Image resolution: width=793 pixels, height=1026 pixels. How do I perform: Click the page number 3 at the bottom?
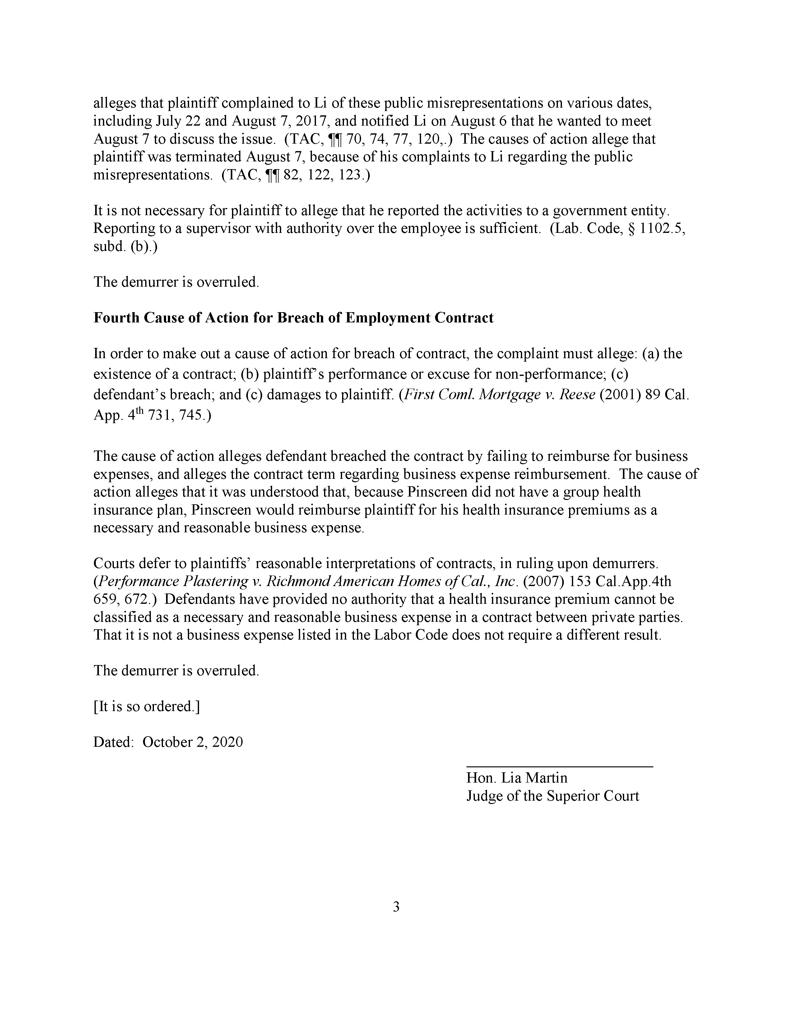click(396, 907)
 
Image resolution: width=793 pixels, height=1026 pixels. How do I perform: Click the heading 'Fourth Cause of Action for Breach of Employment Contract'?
click(293, 318)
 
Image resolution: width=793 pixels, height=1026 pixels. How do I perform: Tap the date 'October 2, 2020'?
click(192, 742)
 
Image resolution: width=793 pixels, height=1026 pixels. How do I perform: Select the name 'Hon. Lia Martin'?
click(516, 778)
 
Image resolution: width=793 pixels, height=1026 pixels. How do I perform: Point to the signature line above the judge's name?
click(559, 767)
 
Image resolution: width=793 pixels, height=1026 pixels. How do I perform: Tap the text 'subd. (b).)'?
click(125, 246)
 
